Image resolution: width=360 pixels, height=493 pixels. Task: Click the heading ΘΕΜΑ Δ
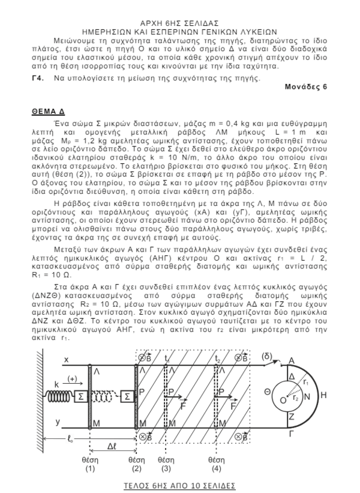pyautogui.click(x=47, y=112)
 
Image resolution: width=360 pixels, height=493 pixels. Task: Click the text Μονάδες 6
pyautogui.click(x=306, y=86)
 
